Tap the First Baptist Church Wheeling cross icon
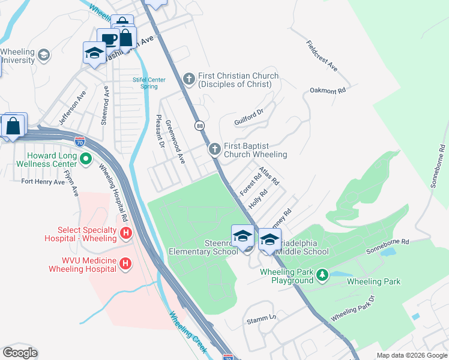point(214,149)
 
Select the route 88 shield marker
point(199,125)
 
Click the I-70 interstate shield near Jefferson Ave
point(80,142)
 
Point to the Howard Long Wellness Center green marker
point(86,160)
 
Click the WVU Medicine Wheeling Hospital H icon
point(125,263)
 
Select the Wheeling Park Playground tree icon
point(323,275)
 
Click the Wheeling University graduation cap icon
point(43,56)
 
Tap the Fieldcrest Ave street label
point(322,56)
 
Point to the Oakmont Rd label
point(328,91)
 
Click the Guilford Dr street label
point(249,117)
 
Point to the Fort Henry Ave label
point(43,181)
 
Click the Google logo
point(20,353)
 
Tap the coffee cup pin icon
point(109,40)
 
